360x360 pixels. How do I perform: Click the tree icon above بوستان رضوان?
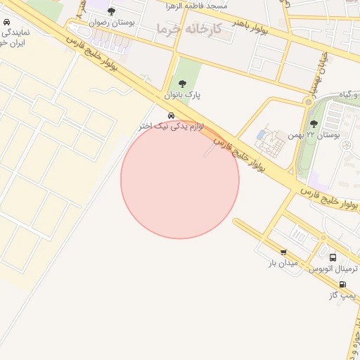[111, 11]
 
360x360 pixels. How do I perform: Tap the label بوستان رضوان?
[112, 22]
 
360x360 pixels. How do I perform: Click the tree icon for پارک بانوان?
[183, 84]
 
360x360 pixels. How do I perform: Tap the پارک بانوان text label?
[183, 95]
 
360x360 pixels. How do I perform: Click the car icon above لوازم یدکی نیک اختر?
[172, 115]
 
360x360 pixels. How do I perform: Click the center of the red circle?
[180, 179]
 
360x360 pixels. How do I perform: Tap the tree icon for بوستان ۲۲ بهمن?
[314, 124]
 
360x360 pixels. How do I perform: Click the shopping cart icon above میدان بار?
[283, 252]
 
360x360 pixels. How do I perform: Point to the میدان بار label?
[283, 263]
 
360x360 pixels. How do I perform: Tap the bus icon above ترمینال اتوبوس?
[333, 258]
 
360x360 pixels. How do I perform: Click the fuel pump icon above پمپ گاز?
[342, 285]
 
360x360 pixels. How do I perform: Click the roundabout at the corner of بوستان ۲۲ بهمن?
[307, 103]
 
